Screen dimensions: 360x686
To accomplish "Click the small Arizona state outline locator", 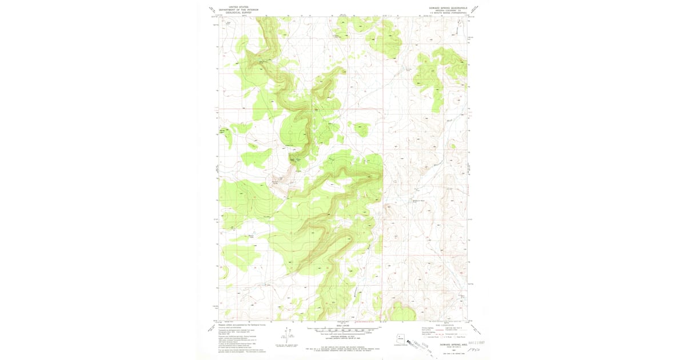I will [x=398, y=338].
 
